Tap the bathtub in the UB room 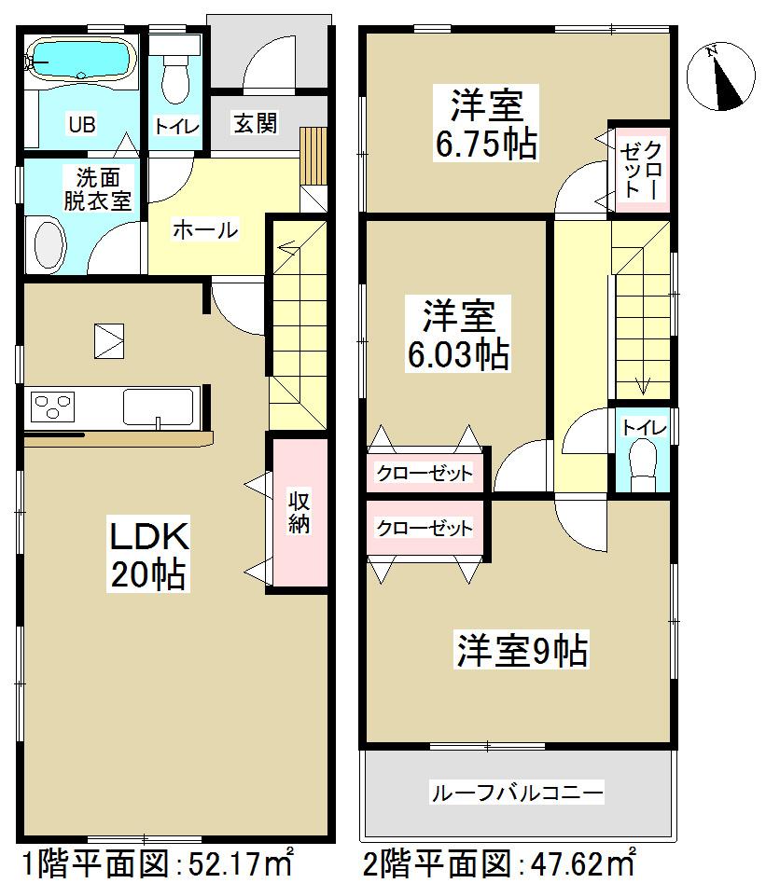click(x=78, y=61)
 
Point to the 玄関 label click(x=255, y=123)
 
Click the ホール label click(x=204, y=229)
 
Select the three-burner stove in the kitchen click(x=53, y=407)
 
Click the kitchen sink click(x=159, y=407)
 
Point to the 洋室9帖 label click(x=522, y=650)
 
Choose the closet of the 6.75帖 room click(x=641, y=169)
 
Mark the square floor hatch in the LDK click(x=108, y=338)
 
